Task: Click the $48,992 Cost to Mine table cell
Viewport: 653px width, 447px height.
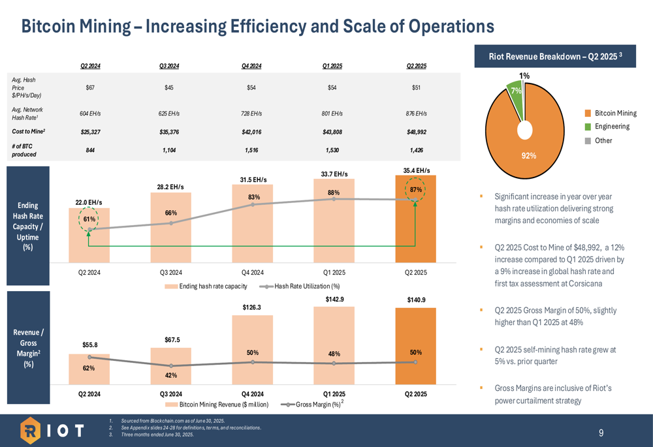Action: coord(417,132)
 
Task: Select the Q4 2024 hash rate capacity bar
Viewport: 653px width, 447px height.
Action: coord(252,228)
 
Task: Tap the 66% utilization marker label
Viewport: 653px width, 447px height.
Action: coord(171,213)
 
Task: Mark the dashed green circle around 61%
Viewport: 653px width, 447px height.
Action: coord(88,219)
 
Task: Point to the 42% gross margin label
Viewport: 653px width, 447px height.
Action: coord(171,375)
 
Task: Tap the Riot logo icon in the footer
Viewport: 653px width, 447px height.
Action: coord(32,431)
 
